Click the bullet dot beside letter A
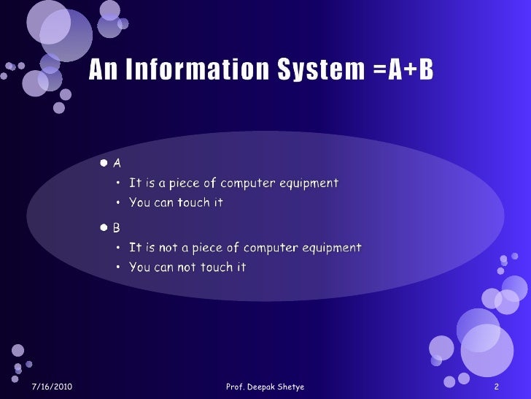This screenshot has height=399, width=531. pyautogui.click(x=105, y=162)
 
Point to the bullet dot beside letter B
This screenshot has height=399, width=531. pyautogui.click(x=105, y=228)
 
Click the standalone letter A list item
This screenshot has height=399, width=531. pyautogui.click(x=117, y=162)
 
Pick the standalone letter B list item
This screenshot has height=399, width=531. pyautogui.click(x=117, y=228)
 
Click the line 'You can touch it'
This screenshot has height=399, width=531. pyautogui.click(x=176, y=202)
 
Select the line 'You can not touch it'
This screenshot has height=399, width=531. pyautogui.click(x=187, y=267)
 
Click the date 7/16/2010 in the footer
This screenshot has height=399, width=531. pyautogui.click(x=53, y=386)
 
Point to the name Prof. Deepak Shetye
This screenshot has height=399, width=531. pyautogui.click(x=265, y=386)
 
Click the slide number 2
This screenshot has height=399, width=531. pyautogui.click(x=496, y=386)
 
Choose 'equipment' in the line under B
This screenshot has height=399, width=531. pyautogui.click(x=333, y=248)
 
